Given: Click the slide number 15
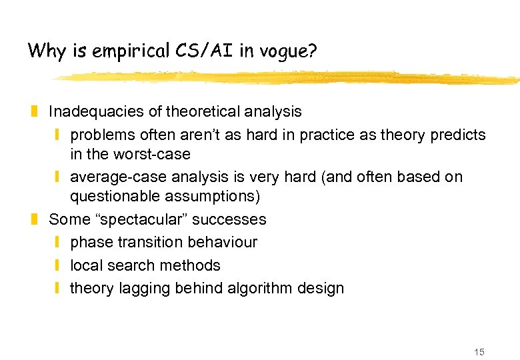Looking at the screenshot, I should (x=479, y=352).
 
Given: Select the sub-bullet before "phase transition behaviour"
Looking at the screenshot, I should (x=58, y=242).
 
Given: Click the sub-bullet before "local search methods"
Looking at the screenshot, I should (x=58, y=265).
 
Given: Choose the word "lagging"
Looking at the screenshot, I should (x=145, y=289).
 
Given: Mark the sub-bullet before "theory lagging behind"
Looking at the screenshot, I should (x=58, y=289).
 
